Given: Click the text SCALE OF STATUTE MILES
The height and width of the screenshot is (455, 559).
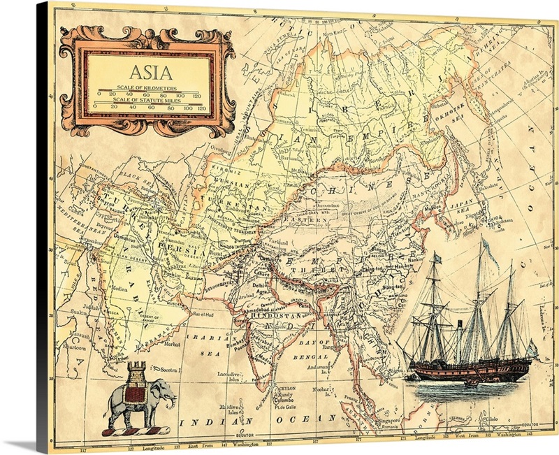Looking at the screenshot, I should pos(147,99).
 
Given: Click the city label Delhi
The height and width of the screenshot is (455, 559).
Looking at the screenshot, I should pos(260,286).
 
